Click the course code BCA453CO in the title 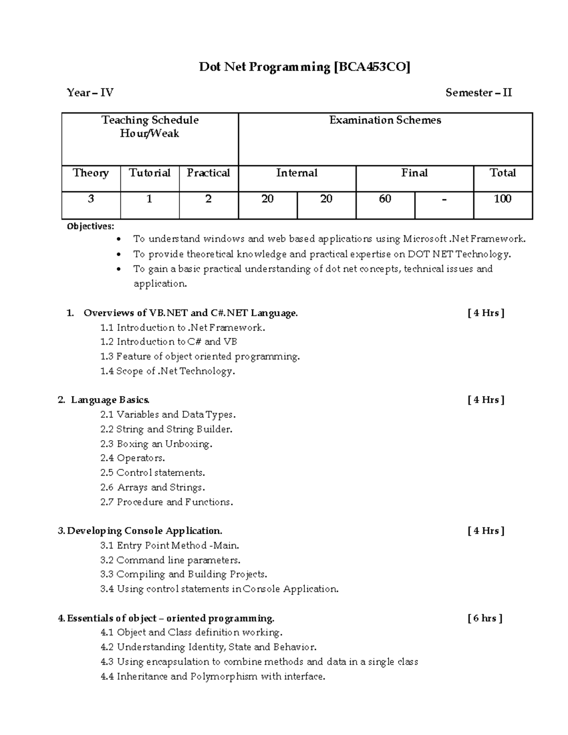(x=372, y=67)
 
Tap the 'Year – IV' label (x=90, y=93)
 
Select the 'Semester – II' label (x=479, y=93)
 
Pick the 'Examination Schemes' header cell (x=385, y=121)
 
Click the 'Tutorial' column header (x=150, y=173)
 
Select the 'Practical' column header (x=208, y=173)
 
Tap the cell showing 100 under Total (x=503, y=199)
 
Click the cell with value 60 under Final (x=385, y=199)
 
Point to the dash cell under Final (x=444, y=199)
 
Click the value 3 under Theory (x=90, y=199)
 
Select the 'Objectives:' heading (x=90, y=226)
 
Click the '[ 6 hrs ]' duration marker (x=485, y=618)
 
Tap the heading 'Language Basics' (x=110, y=400)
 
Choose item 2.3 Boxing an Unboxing (x=156, y=444)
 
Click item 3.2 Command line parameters (x=170, y=560)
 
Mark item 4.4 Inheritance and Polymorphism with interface (x=213, y=676)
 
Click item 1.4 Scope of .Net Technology (x=168, y=371)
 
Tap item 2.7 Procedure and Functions (x=167, y=502)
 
